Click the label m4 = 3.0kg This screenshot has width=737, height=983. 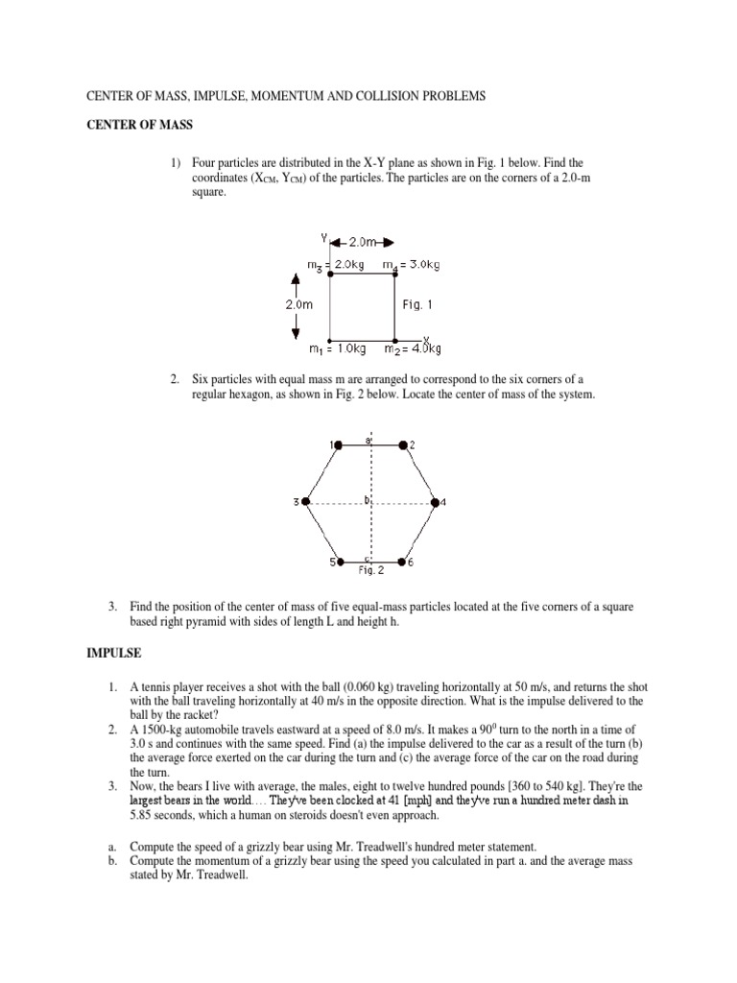[412, 265]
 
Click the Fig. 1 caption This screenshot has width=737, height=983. [418, 304]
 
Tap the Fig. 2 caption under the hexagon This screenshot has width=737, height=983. [370, 570]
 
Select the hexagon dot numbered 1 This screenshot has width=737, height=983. [338, 444]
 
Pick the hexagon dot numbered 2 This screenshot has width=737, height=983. [403, 444]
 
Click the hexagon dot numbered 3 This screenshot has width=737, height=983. [306, 502]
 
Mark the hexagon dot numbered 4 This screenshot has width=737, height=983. [434, 502]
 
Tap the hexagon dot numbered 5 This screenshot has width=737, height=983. [339, 561]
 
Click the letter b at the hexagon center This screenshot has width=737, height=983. [366, 500]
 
